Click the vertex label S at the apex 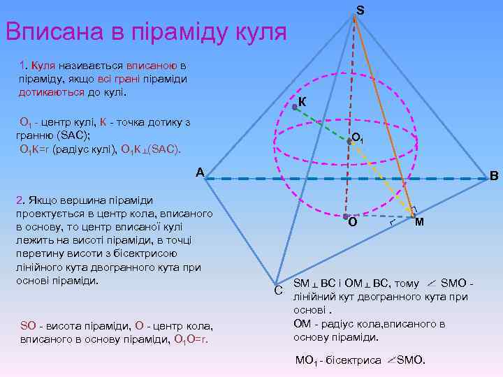point(360,10)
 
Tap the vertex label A point(200,172)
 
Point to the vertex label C point(277,288)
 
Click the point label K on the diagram point(302,103)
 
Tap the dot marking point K point(295,107)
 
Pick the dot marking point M point(414,216)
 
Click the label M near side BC point(419,223)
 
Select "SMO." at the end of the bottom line point(411,360)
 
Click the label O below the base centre point(353,223)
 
